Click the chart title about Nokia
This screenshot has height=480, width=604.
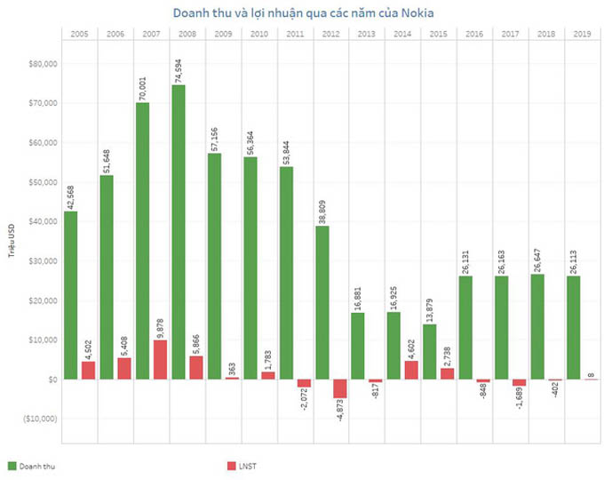300,12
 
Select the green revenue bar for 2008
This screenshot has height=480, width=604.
179,231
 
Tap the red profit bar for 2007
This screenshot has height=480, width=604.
159,359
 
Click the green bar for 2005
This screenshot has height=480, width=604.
71,294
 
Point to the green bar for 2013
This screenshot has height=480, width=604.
358,346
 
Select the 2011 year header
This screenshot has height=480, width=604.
295,34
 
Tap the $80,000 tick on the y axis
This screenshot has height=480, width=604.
44,64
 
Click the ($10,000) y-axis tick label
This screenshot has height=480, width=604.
40,418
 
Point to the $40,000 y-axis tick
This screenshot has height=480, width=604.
44,221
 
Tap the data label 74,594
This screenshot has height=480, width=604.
179,67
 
